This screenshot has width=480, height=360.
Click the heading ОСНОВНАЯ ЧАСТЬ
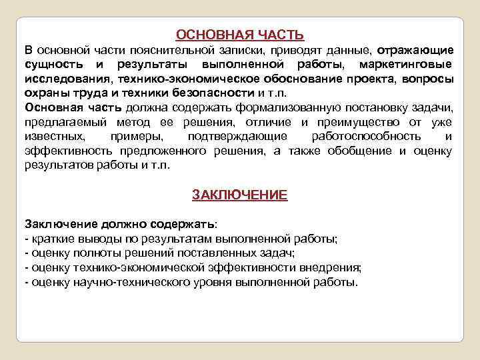click(x=239, y=34)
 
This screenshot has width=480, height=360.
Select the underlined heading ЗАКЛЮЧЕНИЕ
click(x=240, y=195)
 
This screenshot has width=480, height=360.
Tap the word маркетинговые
click(x=405, y=65)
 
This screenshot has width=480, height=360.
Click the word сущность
click(x=54, y=65)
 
